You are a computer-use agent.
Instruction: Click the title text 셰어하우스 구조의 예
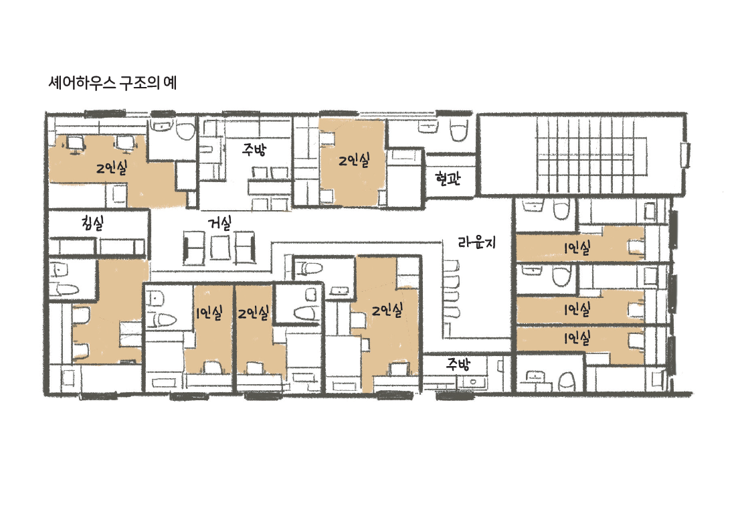(x=112, y=83)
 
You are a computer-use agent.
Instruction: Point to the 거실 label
(x=220, y=224)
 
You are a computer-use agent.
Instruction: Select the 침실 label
(x=94, y=223)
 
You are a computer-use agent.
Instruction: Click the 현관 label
(x=448, y=179)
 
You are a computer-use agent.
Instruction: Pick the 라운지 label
(x=477, y=242)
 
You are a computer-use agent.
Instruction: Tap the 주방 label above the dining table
(x=254, y=150)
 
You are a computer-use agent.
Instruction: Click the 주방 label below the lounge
(x=459, y=364)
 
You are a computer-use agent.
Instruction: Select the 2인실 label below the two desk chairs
(x=112, y=167)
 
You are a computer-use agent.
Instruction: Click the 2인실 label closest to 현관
(x=354, y=161)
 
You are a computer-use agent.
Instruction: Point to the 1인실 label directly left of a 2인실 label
(x=209, y=313)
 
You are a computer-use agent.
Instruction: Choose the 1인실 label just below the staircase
(x=577, y=248)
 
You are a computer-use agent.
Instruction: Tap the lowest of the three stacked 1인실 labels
(x=577, y=338)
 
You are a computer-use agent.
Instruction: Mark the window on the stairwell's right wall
(x=686, y=155)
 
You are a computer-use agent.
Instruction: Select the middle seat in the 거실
(x=220, y=247)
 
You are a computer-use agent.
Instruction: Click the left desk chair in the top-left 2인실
(x=75, y=144)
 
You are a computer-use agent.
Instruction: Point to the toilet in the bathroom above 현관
(x=459, y=131)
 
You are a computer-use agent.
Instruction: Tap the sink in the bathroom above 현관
(x=428, y=127)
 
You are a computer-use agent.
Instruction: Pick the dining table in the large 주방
(x=270, y=188)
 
